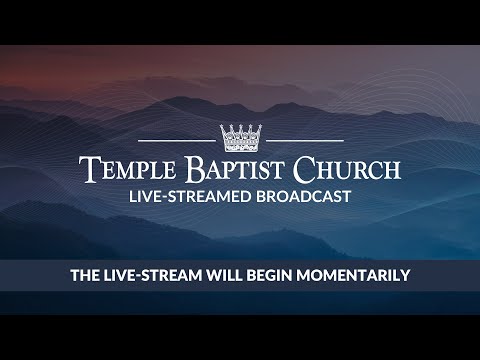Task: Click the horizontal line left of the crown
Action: click(x=175, y=140)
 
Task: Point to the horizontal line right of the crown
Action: click(x=305, y=140)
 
